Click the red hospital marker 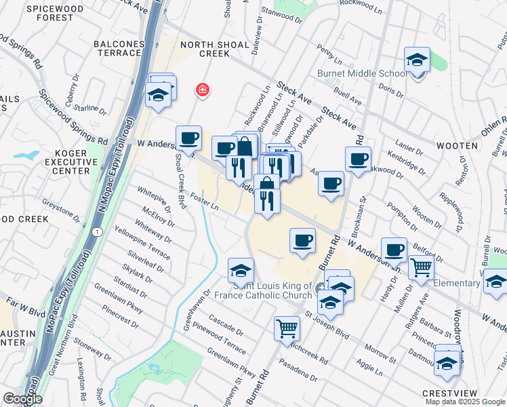tap(201, 90)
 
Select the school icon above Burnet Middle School tap(418, 60)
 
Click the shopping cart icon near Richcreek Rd tap(287, 328)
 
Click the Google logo tap(22, 399)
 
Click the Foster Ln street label tap(205, 203)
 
